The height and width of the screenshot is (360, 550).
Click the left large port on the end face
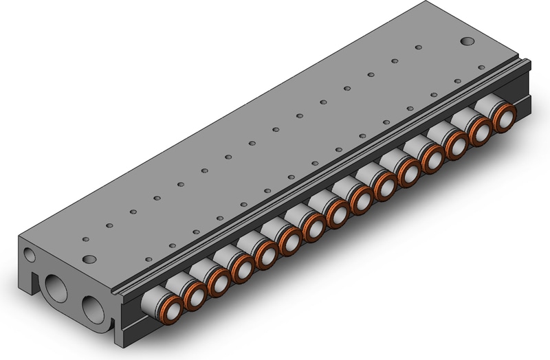[x=54, y=284]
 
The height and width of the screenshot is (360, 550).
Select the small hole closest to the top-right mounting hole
[x=419, y=47]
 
